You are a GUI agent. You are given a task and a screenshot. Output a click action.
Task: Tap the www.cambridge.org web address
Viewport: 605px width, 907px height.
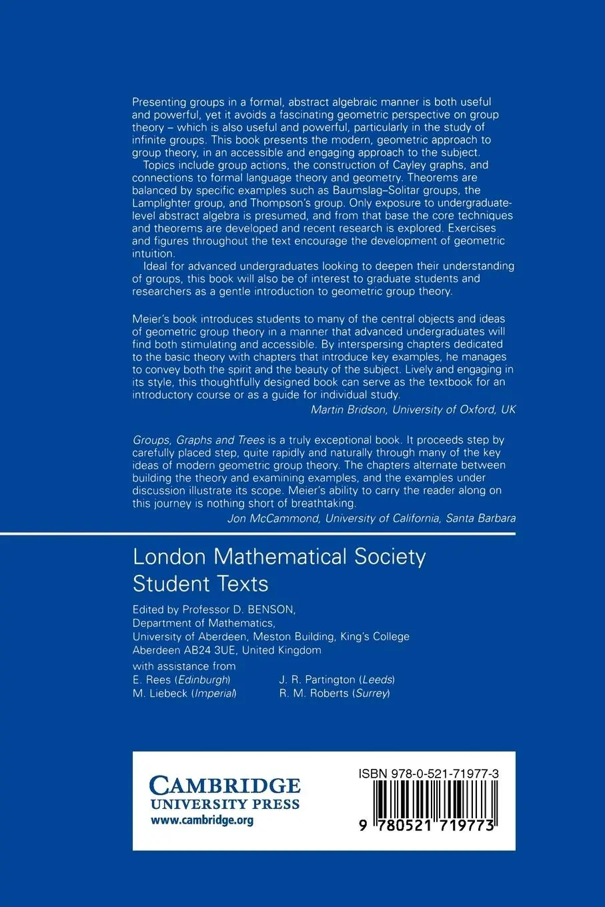(202, 820)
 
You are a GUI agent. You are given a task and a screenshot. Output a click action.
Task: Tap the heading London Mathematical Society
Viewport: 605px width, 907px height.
(279, 557)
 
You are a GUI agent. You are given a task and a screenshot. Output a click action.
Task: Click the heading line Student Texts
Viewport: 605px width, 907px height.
(200, 584)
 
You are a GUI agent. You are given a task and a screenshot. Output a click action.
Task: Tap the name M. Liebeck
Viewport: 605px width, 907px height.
(160, 693)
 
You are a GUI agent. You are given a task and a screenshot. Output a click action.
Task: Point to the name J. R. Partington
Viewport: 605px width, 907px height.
(318, 680)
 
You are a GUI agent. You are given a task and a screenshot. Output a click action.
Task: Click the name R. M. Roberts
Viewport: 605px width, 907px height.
(314, 693)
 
